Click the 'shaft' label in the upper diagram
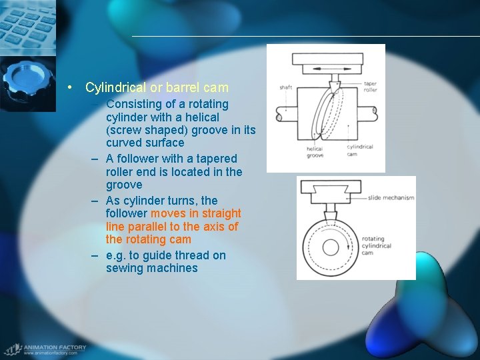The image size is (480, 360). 285,87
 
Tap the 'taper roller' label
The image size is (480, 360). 370,87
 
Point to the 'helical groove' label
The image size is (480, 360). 315,152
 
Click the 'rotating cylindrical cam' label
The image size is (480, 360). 377,246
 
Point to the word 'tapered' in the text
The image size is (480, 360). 215,159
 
